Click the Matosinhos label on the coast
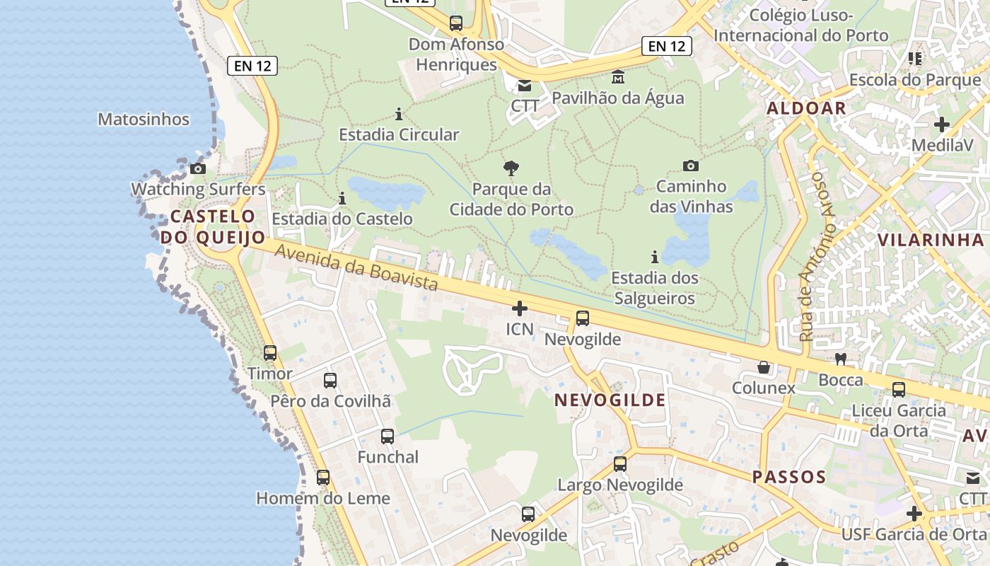pos(144,119)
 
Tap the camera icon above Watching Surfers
pos(198,168)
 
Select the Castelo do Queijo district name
pos(212,226)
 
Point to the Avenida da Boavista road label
pos(356,267)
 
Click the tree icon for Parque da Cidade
pos(511,168)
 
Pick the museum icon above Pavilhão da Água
pos(618,76)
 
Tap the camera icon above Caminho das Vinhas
pos(691,166)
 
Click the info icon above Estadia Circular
pos(399,114)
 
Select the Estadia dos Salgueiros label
pos(655,288)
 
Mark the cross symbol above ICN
pos(520,308)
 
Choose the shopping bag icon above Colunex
pos(764,367)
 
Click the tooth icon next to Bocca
pos(841,359)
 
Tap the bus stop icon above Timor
pos(270,352)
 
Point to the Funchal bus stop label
pos(388,457)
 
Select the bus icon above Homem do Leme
pos(323,478)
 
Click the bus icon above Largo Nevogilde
pos(620,464)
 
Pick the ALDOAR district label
pos(806,108)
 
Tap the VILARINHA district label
pos(931,240)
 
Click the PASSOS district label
pos(789,477)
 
